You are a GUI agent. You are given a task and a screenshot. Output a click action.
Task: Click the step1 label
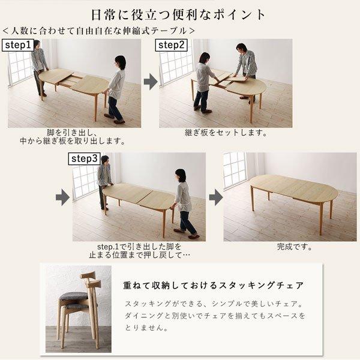pyautogui.click(x=19, y=46)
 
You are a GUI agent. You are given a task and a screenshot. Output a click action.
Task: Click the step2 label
pyautogui.click(x=171, y=46)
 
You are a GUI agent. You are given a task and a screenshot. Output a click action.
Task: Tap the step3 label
pyautogui.click(x=85, y=159)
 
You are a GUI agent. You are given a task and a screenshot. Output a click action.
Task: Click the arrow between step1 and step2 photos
pyautogui.click(x=150, y=82)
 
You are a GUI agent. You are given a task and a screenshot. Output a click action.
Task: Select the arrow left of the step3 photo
pyautogui.click(x=62, y=196)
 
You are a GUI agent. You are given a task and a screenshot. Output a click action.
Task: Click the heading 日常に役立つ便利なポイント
pyautogui.click(x=178, y=13)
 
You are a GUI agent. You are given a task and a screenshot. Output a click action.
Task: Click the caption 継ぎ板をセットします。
pyautogui.click(x=226, y=133)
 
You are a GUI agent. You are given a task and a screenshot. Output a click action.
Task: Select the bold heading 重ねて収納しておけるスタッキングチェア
pyautogui.click(x=214, y=284)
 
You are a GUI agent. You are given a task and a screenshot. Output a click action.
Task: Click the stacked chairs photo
pyautogui.click(x=77, y=307)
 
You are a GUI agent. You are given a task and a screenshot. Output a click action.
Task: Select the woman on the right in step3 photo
pyautogui.click(x=182, y=201)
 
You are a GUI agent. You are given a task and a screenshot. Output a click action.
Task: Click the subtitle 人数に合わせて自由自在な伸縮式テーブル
pyautogui.click(x=98, y=29)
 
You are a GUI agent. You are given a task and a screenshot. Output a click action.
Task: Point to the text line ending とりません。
pyautogui.click(x=147, y=328)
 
